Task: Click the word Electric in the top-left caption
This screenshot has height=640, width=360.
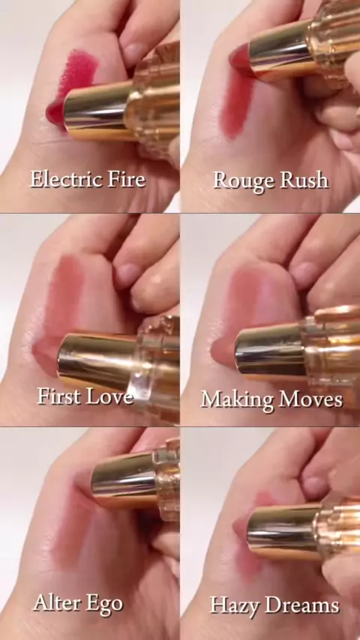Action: (60, 180)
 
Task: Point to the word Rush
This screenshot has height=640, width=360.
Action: (304, 180)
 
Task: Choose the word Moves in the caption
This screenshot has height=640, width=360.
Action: (312, 399)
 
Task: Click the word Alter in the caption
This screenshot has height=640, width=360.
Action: (56, 603)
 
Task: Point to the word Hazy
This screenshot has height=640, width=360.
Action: (235, 606)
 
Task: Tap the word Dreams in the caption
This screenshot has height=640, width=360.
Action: (302, 606)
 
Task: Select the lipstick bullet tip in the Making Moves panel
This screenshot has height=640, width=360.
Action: (223, 351)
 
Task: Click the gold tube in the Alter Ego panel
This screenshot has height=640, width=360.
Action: (124, 477)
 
